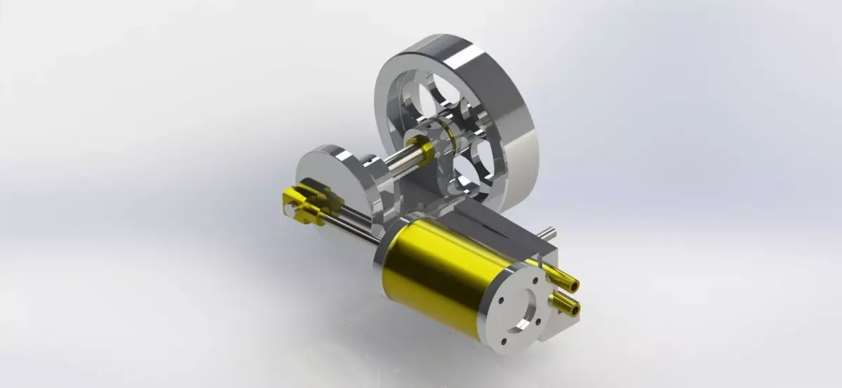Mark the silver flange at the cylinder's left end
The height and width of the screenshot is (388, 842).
(x=387, y=239)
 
